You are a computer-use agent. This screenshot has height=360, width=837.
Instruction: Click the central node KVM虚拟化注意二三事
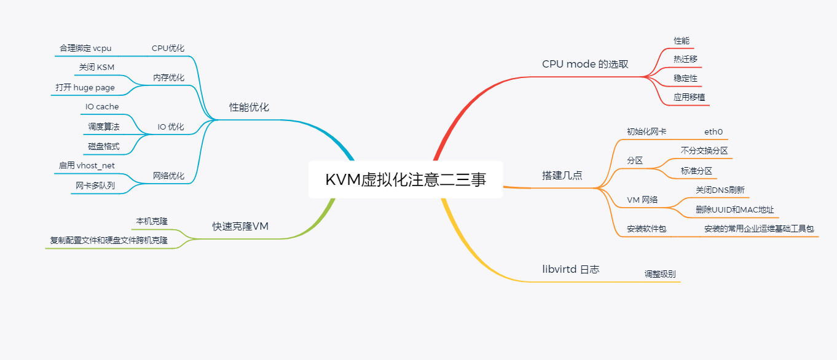pos(406,179)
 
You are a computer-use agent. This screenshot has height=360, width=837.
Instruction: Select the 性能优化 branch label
pos(249,107)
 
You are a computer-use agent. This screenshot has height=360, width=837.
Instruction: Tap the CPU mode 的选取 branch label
pos(585,64)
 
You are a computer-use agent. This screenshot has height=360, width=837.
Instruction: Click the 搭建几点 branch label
pos(562,175)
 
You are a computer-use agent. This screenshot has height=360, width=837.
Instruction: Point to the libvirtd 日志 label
pos(570,269)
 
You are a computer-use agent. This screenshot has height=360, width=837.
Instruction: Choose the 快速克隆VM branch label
pos(240,226)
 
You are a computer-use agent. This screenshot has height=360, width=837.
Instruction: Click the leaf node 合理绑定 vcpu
pos(85,48)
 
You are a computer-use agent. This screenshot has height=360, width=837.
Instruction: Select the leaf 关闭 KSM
pos(96,67)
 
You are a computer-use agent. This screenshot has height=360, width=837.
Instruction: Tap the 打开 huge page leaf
pos(85,87)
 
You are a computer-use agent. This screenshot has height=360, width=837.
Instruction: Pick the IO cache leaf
pos(102,106)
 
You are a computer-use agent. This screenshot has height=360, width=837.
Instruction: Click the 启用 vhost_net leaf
pos(87,165)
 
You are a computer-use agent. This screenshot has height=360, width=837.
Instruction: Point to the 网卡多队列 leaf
pos(95,185)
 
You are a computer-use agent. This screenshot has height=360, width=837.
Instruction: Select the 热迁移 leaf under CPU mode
pos(685,59)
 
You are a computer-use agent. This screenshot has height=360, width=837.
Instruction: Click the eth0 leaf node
pos(713,131)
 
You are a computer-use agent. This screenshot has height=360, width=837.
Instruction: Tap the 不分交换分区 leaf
pos(704,150)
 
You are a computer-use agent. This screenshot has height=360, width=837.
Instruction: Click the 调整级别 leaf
pos(659,273)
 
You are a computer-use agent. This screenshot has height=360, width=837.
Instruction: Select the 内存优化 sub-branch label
pos(168,77)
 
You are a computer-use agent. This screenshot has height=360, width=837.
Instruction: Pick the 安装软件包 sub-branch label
pos(646,229)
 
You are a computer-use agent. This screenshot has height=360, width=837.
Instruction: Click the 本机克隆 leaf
pos(152,221)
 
